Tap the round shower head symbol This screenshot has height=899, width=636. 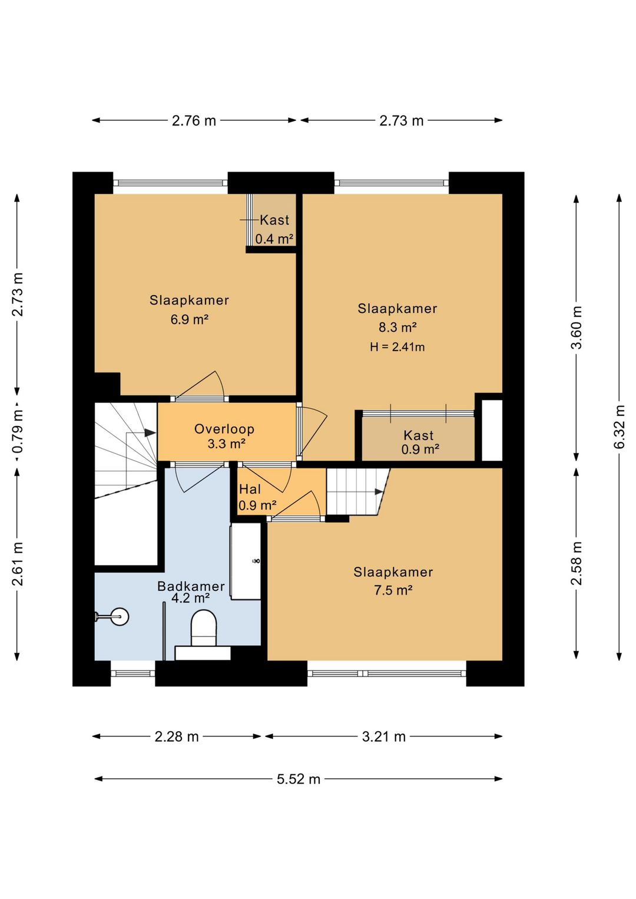tap(120, 617)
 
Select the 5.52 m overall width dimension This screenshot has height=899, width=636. tap(299, 779)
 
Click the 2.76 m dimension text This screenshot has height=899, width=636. tap(194, 120)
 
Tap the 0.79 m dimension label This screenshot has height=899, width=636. tap(17, 431)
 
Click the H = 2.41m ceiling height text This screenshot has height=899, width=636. tap(397, 347)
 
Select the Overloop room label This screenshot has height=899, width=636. tap(224, 429)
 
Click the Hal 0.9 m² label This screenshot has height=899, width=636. tap(257, 497)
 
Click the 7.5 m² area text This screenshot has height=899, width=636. tap(393, 590)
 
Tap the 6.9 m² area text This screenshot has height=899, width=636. tap(190, 320)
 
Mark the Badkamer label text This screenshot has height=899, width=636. tap(191, 586)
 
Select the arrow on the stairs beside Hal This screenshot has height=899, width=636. tap(379, 492)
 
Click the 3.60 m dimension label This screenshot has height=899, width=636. tap(577, 328)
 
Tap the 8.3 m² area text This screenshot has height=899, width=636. tap(397, 328)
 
